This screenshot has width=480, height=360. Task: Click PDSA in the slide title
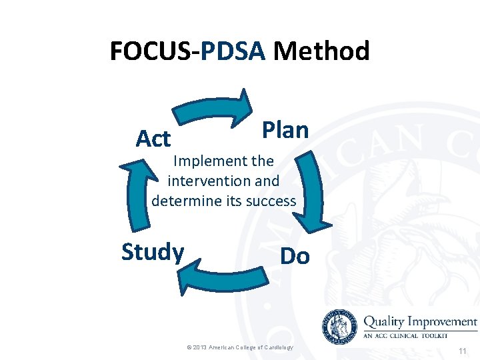tap(233, 51)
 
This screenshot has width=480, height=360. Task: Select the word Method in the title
tap(321, 51)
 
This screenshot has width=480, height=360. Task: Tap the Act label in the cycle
tap(153, 139)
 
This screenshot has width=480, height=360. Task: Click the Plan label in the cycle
tap(285, 130)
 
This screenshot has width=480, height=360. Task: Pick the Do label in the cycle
tap(295, 256)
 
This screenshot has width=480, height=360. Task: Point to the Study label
tap(153, 252)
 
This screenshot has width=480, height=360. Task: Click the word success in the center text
tap(271, 201)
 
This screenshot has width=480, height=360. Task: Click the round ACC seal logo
tap(340, 326)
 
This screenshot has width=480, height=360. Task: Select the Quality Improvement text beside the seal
tap(419, 321)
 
